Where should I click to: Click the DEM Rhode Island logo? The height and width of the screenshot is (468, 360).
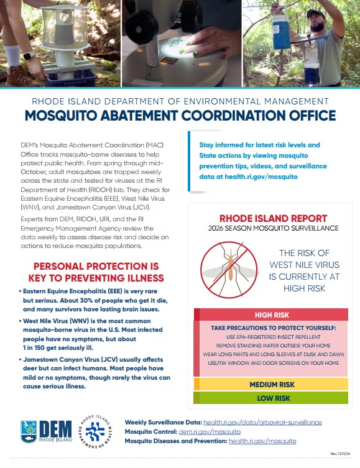[x=46, y=431]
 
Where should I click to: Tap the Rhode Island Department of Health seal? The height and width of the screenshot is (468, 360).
[x=95, y=431]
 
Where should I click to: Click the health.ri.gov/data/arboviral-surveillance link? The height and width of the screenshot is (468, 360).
[x=262, y=423]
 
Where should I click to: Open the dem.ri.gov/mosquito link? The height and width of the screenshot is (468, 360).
[x=210, y=431]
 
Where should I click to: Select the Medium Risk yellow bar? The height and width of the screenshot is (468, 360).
[x=270, y=385]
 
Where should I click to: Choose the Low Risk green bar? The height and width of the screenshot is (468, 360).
[x=270, y=398]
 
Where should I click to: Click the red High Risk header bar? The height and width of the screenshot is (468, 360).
[x=271, y=314]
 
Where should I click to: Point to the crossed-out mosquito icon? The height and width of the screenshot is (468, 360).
[x=229, y=270]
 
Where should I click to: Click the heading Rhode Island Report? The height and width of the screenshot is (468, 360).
[x=273, y=218]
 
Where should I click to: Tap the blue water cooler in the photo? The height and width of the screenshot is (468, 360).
[x=281, y=32]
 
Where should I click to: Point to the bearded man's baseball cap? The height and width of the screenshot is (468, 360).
[x=316, y=14]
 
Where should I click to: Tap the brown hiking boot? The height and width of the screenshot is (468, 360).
[x=21, y=76]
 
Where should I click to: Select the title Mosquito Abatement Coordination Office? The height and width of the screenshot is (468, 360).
[x=180, y=116]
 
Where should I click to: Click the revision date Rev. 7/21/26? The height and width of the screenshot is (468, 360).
[x=340, y=454]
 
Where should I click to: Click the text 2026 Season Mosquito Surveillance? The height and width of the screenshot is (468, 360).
[x=274, y=228]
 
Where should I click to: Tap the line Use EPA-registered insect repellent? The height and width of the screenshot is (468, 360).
[x=274, y=337]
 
